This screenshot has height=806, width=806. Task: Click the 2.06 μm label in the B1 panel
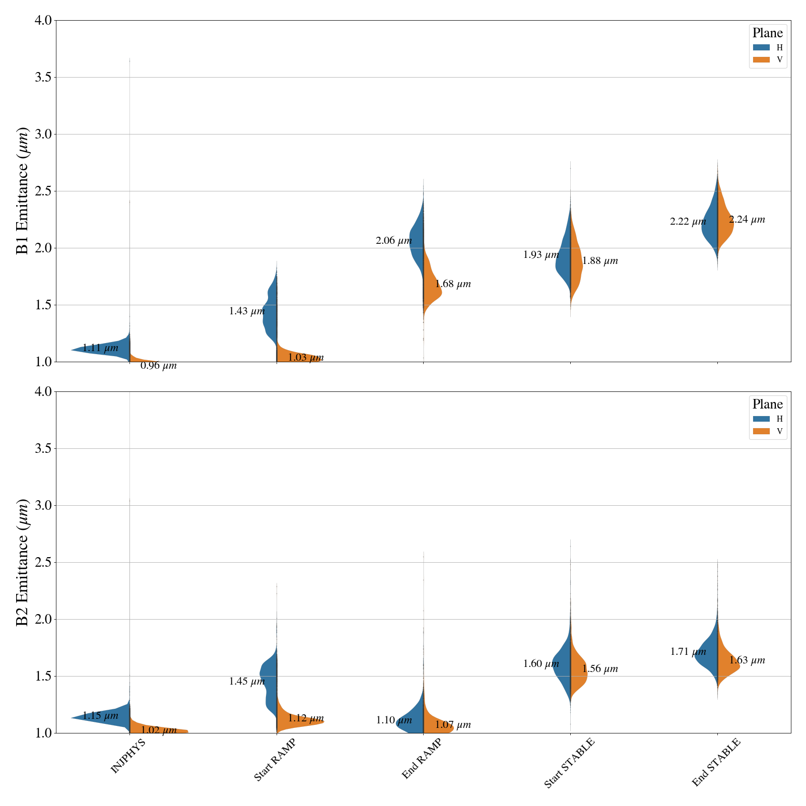(x=393, y=241)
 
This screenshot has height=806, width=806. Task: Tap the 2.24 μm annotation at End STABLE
(x=747, y=220)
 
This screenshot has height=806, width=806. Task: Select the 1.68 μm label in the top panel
(x=453, y=284)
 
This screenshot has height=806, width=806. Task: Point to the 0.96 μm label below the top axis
(x=158, y=366)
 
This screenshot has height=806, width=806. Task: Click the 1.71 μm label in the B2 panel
(x=688, y=652)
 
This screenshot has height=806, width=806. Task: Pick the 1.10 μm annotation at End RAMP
(x=394, y=720)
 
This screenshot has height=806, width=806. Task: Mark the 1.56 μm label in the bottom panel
(x=600, y=669)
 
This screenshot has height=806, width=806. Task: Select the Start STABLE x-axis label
(x=570, y=763)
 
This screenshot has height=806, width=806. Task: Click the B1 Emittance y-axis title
(x=23, y=191)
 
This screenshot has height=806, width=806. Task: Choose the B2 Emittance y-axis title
(x=23, y=562)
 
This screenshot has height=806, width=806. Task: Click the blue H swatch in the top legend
(x=761, y=47)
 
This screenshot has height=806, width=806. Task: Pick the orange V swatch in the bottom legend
(x=761, y=431)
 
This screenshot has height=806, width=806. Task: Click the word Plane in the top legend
(x=767, y=33)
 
